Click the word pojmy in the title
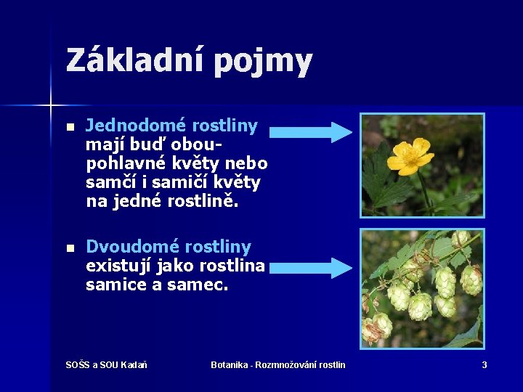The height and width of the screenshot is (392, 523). (x=263, y=62)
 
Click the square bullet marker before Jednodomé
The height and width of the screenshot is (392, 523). (x=69, y=127)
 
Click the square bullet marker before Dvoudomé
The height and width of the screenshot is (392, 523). (x=69, y=248)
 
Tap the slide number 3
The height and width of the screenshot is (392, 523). (x=485, y=364)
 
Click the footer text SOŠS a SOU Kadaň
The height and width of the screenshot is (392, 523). (x=106, y=364)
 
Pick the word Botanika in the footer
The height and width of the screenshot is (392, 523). (x=228, y=364)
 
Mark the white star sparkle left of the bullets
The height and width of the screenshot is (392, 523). (x=52, y=106)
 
